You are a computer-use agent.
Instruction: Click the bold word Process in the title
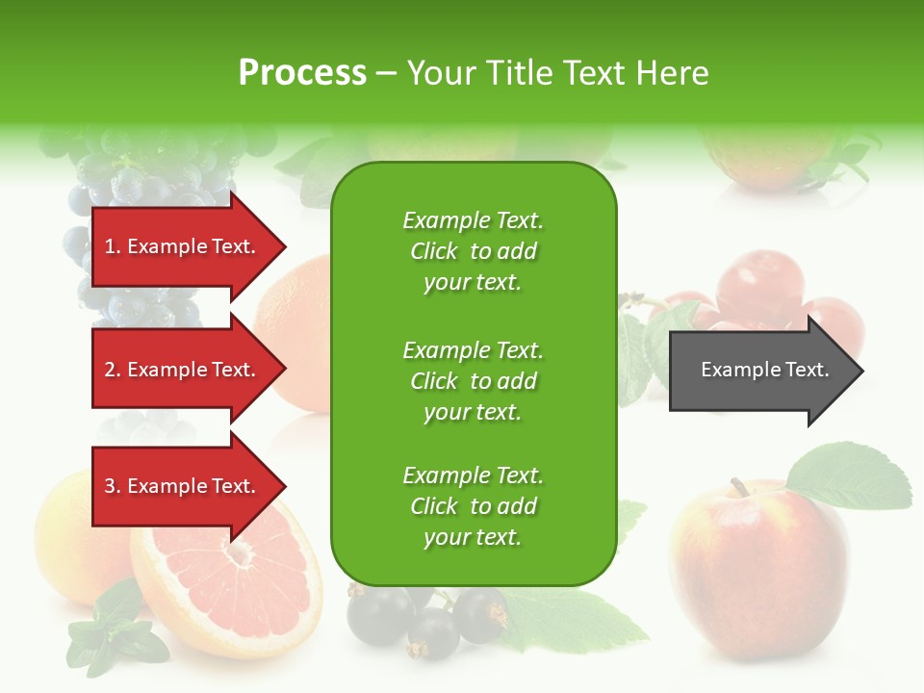302,73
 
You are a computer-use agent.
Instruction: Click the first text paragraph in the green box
473,251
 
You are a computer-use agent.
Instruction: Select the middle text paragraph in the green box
473,381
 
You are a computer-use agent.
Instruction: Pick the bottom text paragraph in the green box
473,506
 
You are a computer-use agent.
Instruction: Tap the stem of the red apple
739,486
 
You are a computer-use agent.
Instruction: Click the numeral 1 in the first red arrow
110,246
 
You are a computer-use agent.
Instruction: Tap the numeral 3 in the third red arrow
110,486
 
